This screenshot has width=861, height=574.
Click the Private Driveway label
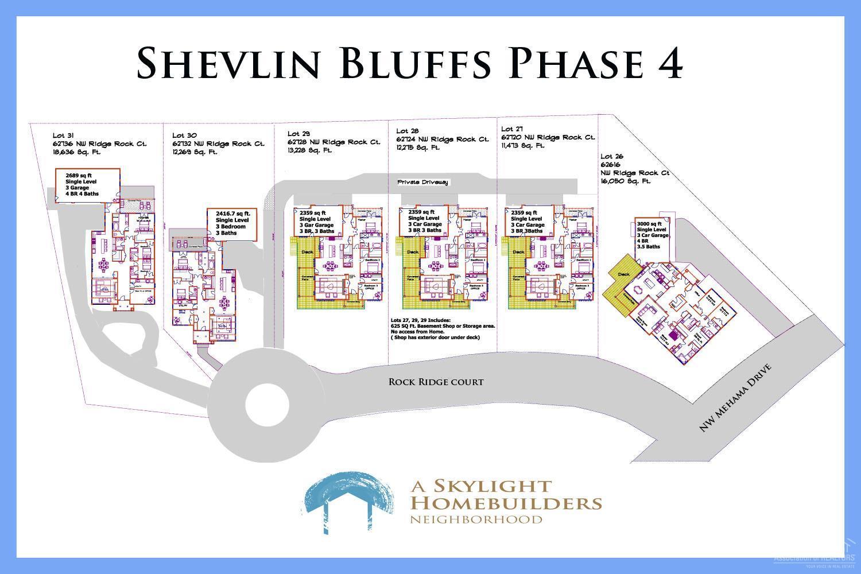tap(423, 182)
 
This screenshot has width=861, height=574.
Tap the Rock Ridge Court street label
tap(436, 382)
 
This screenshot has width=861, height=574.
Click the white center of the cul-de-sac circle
tap(267, 405)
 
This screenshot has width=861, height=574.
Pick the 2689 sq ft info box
tap(87, 185)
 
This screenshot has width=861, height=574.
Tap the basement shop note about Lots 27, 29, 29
tap(443, 329)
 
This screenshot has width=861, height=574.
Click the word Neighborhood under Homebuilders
tap(476, 519)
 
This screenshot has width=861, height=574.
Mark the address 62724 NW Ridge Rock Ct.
tap(443, 139)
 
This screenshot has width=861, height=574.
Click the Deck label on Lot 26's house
tap(623, 274)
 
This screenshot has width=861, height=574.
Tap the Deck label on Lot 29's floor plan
tap(308, 251)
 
